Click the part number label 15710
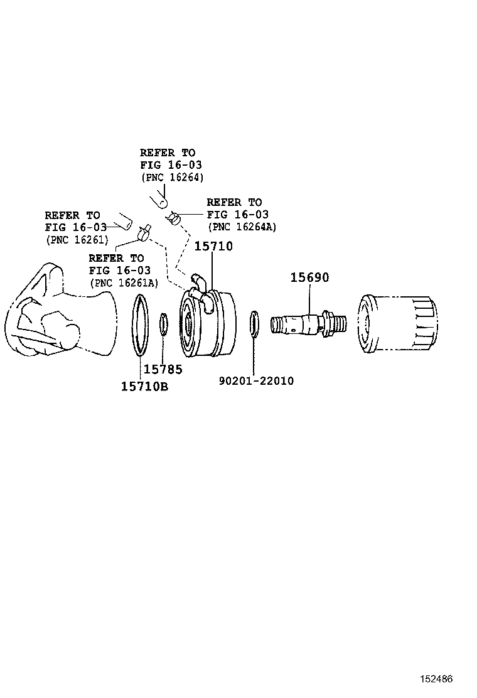click(x=213, y=247)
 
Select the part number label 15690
click(x=309, y=277)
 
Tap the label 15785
click(x=163, y=370)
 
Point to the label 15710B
click(x=144, y=386)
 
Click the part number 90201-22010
click(x=256, y=381)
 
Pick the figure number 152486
click(x=436, y=679)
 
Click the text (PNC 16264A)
click(x=243, y=227)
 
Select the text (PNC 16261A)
click(x=124, y=283)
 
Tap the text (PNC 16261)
click(x=77, y=240)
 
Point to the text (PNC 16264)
click(x=171, y=178)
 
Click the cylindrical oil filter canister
click(x=397, y=326)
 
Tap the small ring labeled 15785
click(x=163, y=325)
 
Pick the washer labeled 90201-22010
click(x=254, y=323)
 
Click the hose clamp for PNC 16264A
click(x=174, y=218)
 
